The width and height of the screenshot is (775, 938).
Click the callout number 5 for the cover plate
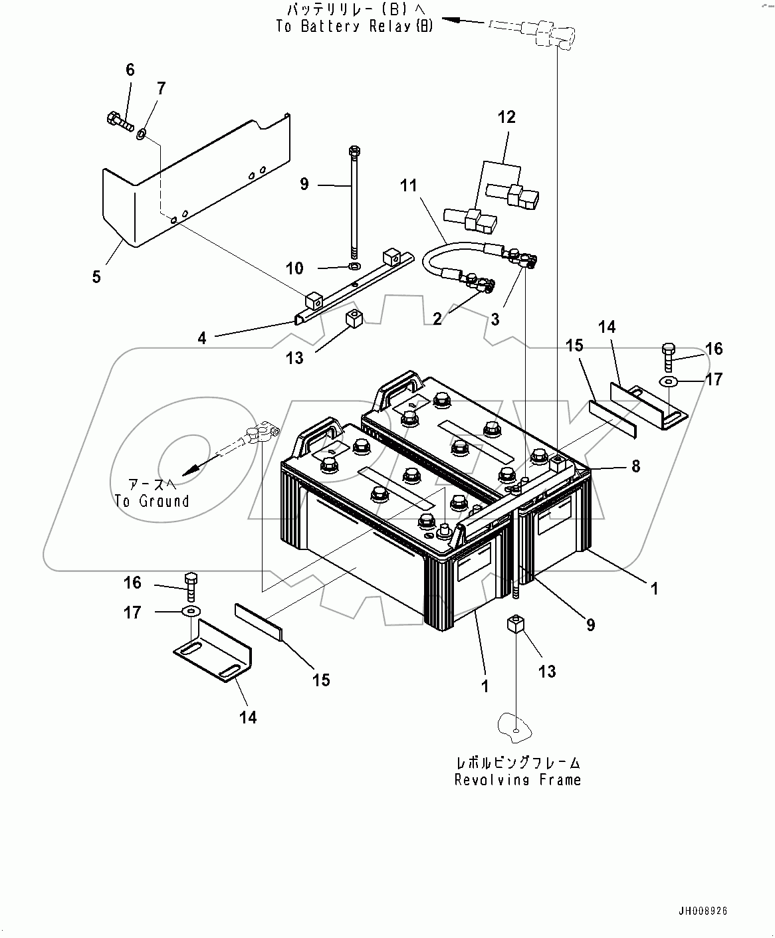(x=96, y=276)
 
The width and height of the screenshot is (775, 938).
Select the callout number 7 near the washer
(x=161, y=88)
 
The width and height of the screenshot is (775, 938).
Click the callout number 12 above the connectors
(x=506, y=118)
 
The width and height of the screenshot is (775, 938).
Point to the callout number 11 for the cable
(x=408, y=185)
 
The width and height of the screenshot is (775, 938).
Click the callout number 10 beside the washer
(x=294, y=268)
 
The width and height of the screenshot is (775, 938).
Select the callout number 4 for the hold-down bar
(x=202, y=338)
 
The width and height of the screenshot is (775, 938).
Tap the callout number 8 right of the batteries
(x=635, y=466)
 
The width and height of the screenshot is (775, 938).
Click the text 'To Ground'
(x=152, y=502)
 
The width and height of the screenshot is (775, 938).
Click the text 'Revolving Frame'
(x=517, y=780)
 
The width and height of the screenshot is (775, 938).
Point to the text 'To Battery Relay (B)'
(x=354, y=27)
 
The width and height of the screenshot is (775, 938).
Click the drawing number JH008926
(x=703, y=912)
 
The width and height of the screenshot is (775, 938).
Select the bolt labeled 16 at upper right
(x=669, y=356)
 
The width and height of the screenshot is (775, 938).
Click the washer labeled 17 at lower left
(x=190, y=610)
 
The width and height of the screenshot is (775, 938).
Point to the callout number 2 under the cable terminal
(x=437, y=320)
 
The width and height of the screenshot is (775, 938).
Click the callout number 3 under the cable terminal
(x=495, y=320)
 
